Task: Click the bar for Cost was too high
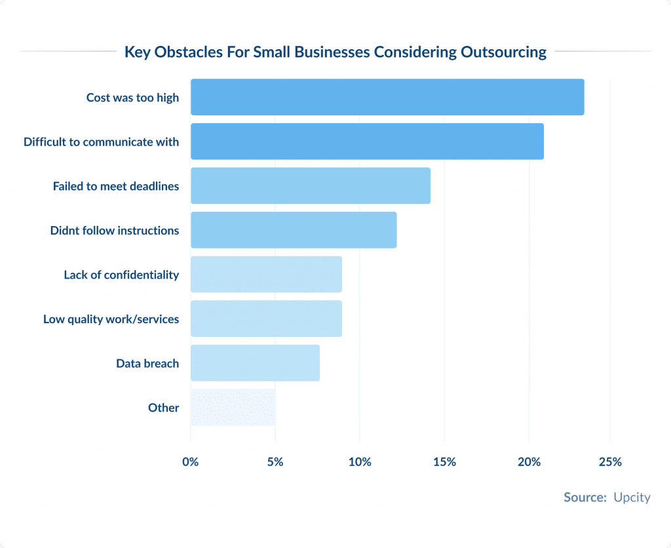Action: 387,97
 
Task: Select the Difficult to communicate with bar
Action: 367,142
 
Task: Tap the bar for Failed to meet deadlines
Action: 311,186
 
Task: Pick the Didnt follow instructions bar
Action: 294,230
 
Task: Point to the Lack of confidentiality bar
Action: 266,274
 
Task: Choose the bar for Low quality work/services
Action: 266,319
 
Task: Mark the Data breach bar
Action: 255,362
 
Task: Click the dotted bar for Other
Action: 233,407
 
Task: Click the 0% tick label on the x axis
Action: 191,462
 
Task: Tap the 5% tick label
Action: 275,462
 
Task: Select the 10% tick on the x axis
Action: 360,462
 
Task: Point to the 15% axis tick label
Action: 444,462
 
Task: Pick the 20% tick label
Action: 529,462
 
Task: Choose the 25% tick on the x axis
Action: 610,462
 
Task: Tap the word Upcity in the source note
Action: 632,498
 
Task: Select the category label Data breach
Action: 147,363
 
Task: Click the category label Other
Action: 163,408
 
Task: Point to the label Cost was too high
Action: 132,98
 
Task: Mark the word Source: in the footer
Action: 585,498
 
